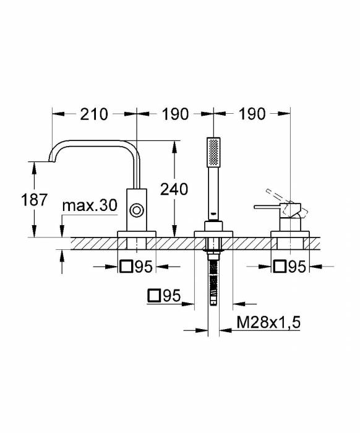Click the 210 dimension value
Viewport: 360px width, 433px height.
(x=94, y=114)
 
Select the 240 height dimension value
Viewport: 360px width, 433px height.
(x=174, y=189)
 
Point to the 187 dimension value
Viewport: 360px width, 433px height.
(x=35, y=200)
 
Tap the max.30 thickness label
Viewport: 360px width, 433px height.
(x=90, y=205)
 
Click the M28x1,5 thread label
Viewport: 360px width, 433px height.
(x=268, y=322)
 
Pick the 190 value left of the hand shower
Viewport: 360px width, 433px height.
(x=175, y=114)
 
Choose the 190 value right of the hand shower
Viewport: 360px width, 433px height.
(x=252, y=114)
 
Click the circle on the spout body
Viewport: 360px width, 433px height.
(x=136, y=210)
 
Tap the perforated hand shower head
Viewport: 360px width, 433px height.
(x=213, y=152)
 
